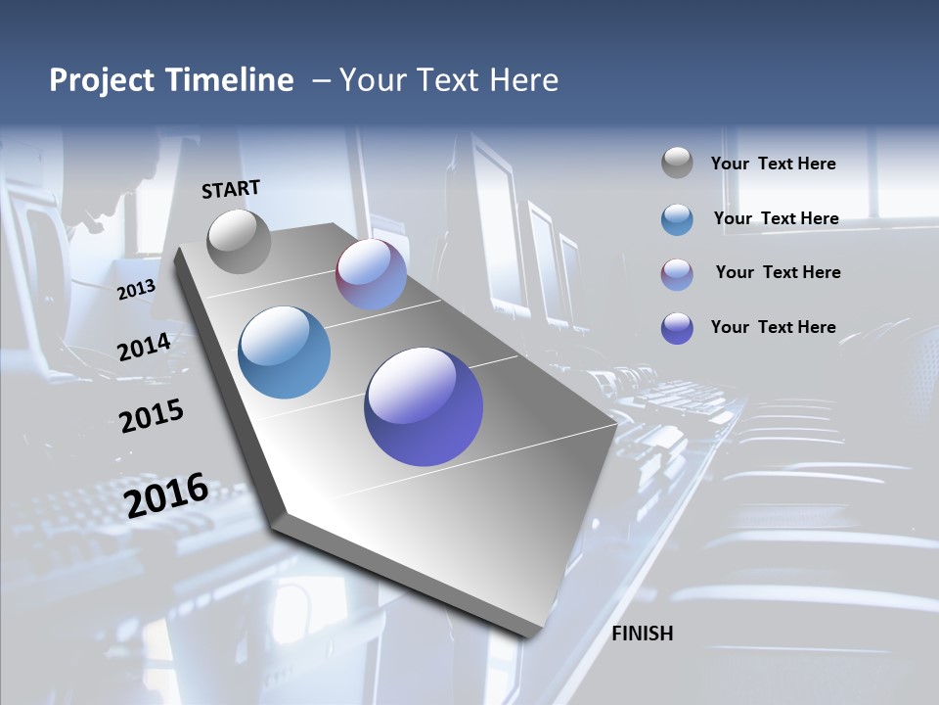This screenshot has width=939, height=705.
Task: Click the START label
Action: click(231, 189)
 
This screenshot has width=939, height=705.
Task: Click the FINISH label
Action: click(643, 634)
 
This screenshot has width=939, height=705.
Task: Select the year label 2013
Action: click(136, 290)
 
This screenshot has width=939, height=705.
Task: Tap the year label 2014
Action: click(144, 348)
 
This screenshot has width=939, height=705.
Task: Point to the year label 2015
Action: click(152, 416)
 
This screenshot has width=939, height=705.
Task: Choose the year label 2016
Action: click(166, 494)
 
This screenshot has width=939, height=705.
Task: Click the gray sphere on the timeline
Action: click(240, 241)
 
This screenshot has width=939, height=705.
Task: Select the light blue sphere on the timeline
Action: click(285, 352)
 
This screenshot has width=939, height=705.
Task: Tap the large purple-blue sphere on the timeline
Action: click(424, 406)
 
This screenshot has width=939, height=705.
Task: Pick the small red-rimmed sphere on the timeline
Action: click(372, 275)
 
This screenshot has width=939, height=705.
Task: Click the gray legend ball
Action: click(677, 164)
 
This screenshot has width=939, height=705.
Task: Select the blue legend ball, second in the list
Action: click(677, 219)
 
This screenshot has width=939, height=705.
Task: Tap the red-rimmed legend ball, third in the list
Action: click(677, 273)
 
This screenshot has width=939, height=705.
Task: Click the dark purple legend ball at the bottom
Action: click(677, 328)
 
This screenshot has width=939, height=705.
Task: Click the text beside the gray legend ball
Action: click(773, 164)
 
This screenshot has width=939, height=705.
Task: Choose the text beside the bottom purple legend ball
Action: click(773, 327)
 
